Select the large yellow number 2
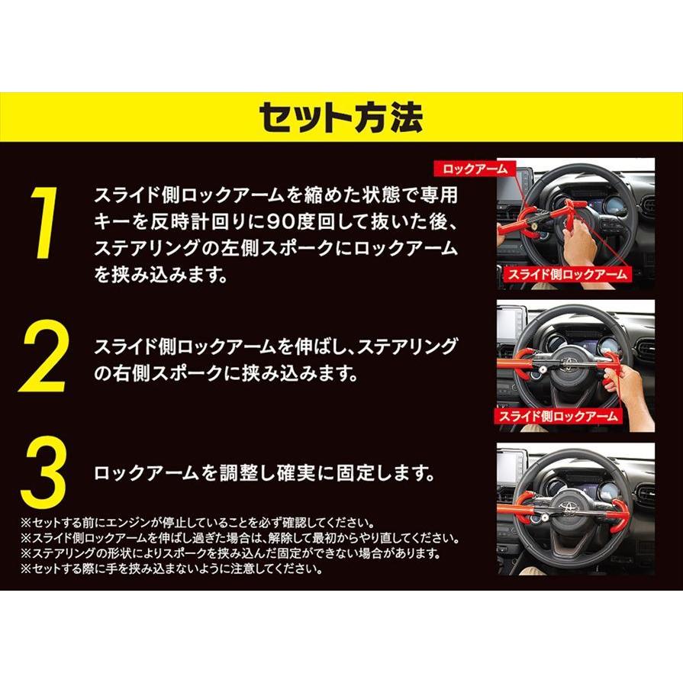(x=44, y=356)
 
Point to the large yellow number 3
(x=43, y=475)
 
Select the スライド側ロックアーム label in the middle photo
(x=559, y=417)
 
